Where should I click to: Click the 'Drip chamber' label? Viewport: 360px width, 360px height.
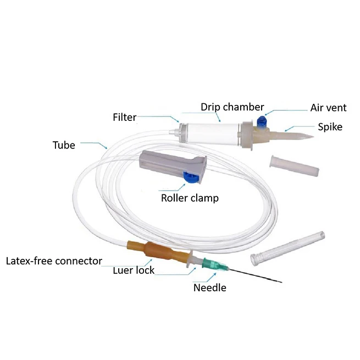click(232, 107)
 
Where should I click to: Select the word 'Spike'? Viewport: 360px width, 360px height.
click(330, 127)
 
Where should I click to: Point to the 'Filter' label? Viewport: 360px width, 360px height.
click(124, 117)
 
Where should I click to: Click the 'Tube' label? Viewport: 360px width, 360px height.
click(64, 146)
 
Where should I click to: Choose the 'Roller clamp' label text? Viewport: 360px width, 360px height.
click(189, 198)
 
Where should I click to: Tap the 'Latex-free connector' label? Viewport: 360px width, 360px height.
click(54, 260)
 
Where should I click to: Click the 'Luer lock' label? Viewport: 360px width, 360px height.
click(134, 270)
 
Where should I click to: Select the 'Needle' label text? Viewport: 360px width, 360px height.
click(209, 287)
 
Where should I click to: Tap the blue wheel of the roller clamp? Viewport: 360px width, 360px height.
click(191, 176)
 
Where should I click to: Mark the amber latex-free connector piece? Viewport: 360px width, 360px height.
click(157, 253)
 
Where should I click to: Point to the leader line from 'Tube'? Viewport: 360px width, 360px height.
click(96, 146)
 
